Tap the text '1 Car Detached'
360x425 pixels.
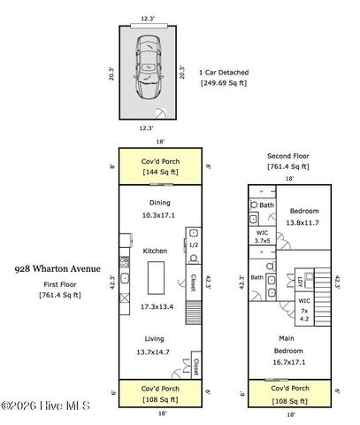tap(224, 73)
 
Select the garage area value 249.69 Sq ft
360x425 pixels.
tap(224, 83)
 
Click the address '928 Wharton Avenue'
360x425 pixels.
tap(57, 268)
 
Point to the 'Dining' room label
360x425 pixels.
tap(159, 202)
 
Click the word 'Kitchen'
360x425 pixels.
tap(156, 251)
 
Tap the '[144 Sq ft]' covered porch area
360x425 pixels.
tap(160, 172)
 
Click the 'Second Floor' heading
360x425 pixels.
tap(288, 156)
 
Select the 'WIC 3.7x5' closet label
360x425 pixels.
tap(262, 236)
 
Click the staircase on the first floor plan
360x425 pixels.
tap(195, 312)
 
